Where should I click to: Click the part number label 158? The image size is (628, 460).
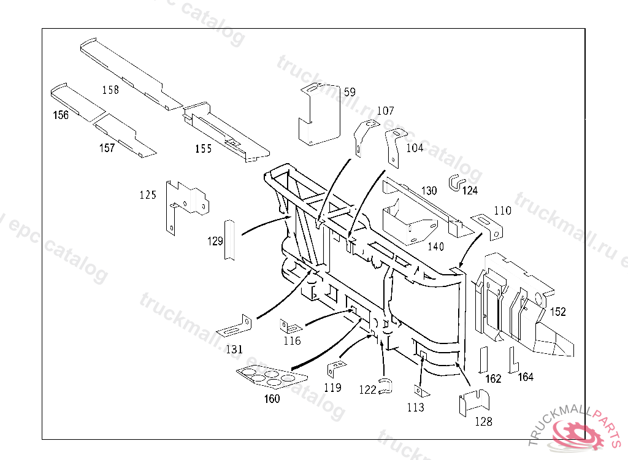[110, 90]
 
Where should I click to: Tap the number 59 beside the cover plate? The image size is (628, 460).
[350, 93]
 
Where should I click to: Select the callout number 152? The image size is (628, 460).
[557, 312]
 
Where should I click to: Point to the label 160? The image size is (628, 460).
[272, 399]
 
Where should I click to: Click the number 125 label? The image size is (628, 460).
[148, 195]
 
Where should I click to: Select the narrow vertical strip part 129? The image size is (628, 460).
[229, 239]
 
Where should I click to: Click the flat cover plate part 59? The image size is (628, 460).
[321, 114]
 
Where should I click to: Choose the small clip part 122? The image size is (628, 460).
[385, 386]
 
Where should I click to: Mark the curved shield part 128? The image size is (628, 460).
[474, 402]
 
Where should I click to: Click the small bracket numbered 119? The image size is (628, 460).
[337, 370]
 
